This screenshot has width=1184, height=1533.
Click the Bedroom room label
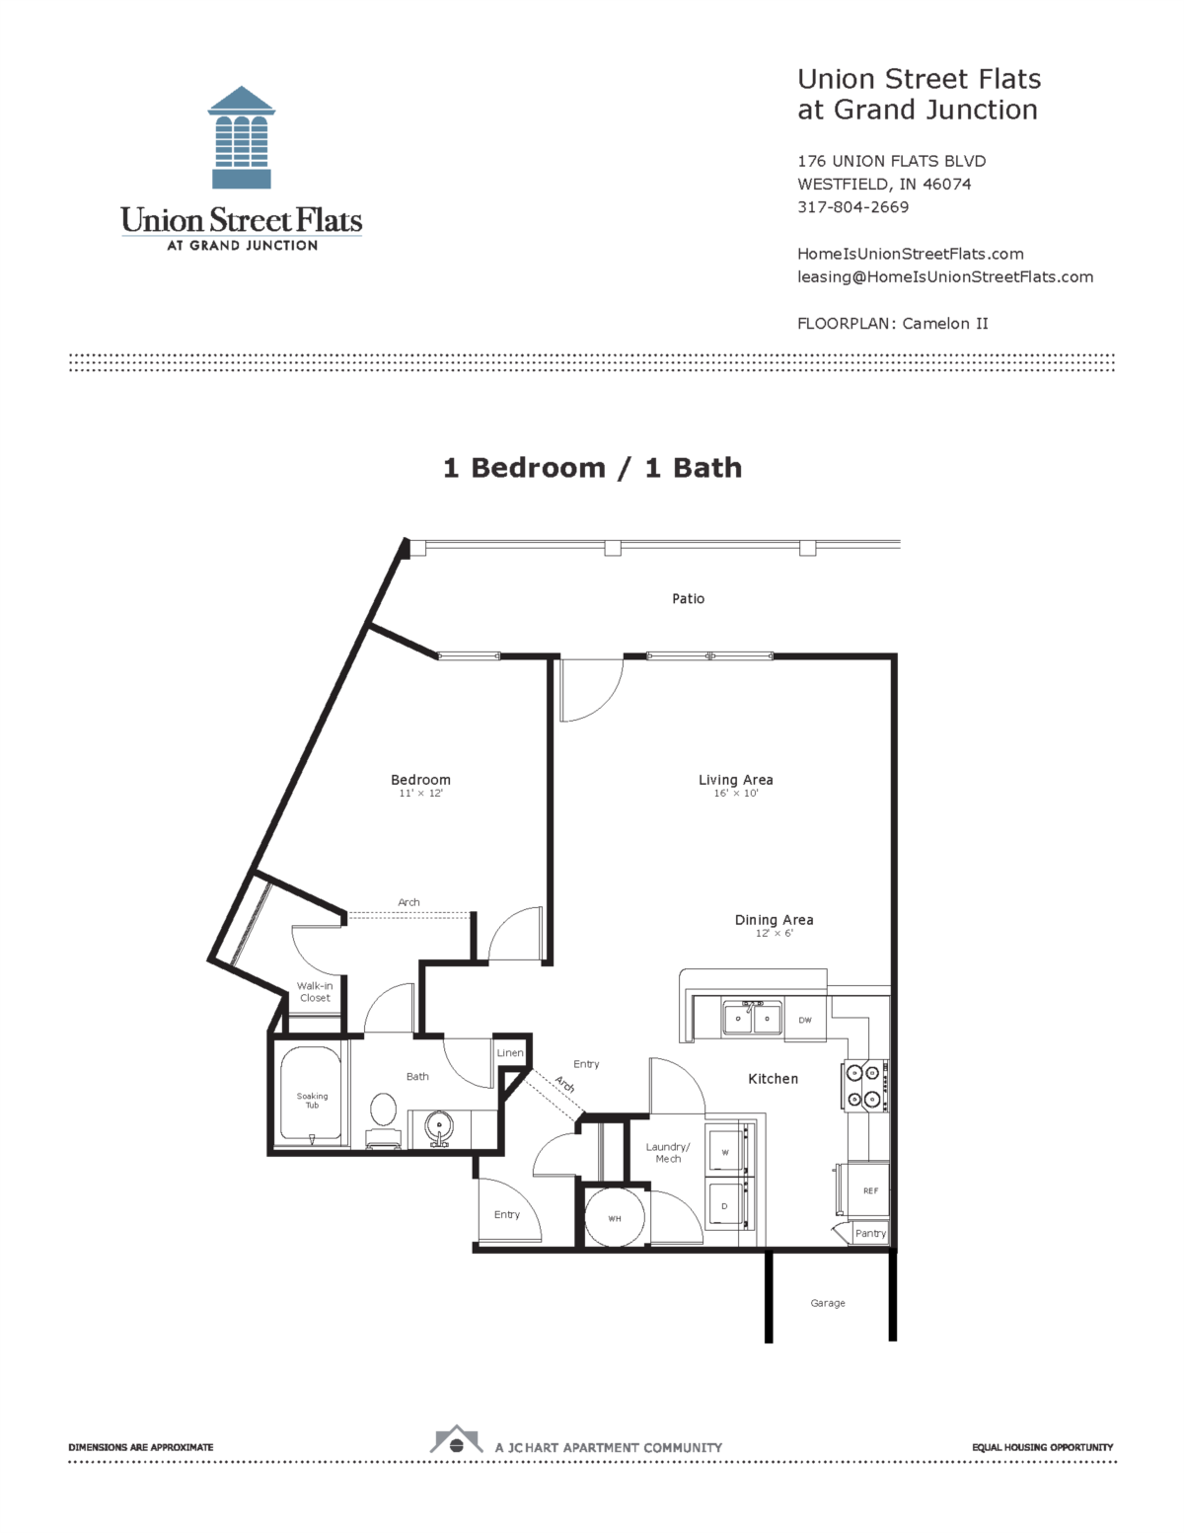pos(420,780)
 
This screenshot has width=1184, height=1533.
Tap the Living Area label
pos(735,780)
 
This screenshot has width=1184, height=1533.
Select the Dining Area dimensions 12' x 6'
pos(774,934)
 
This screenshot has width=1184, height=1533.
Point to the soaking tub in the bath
pos(312,1097)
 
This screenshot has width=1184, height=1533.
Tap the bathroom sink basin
pos(438,1125)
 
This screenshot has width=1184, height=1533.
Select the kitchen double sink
pos(752,1018)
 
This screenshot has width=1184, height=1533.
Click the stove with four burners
pos(864,1086)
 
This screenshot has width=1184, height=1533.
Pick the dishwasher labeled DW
pos(805,1020)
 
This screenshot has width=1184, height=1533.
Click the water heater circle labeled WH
pos(615,1218)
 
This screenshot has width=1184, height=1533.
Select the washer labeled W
pos(726,1151)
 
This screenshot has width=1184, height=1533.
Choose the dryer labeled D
pos(725,1206)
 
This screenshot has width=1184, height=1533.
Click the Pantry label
pos(870,1233)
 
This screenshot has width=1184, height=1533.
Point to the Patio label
pos(688,598)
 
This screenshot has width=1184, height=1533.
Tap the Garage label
pos(827,1303)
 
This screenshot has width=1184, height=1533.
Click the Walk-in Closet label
pos(315,992)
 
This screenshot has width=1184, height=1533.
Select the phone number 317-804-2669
pos(852,207)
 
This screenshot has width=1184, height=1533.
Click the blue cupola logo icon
pos(242,138)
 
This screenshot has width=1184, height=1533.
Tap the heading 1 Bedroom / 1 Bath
pos(592,468)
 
